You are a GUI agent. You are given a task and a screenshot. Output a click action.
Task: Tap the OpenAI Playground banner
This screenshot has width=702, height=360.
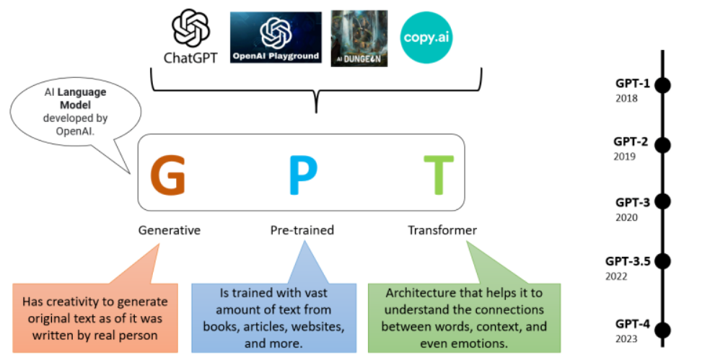coord(276,38)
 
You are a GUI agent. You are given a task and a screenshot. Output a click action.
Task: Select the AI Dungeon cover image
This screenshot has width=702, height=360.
coord(359,38)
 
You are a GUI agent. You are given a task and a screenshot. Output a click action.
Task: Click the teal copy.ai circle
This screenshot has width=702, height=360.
coord(427,37)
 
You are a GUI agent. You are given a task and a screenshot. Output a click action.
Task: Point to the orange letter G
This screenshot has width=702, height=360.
coord(167,175)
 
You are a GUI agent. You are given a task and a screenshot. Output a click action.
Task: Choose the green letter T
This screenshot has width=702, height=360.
coord(439,175)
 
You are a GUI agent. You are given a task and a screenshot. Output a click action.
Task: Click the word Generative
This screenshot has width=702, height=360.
coord(170,230)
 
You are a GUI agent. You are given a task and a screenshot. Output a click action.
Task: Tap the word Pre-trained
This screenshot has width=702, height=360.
coord(302,230)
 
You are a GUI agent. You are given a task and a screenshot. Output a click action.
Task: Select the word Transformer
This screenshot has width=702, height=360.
coord(442,230)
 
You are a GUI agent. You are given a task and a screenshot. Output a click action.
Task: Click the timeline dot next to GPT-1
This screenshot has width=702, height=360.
coord(663,84)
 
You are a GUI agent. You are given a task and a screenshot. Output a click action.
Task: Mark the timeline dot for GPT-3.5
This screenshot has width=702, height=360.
coord(663,261)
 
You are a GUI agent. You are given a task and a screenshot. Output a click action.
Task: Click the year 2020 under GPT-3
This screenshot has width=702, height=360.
coord(626,216)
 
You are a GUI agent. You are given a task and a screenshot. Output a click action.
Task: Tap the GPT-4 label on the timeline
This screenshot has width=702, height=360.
coord(633,323)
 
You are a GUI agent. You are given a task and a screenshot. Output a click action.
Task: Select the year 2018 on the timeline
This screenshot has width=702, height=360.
coord(626,97)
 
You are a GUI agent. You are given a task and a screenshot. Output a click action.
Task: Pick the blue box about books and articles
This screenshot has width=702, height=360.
coord(273,316)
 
